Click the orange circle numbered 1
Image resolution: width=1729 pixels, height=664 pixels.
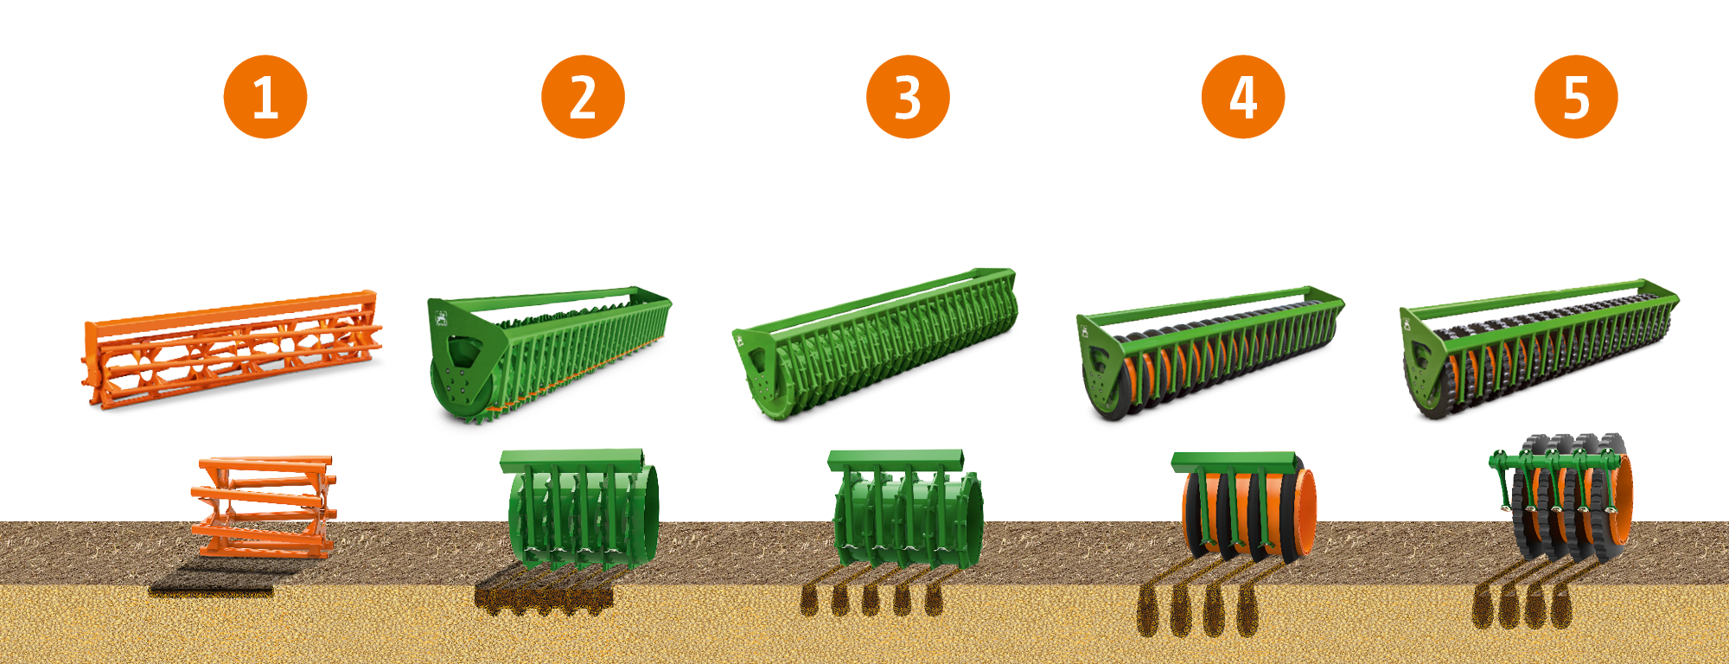pyautogui.click(x=265, y=97)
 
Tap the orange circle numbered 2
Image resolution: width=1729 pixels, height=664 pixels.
pyautogui.click(x=584, y=97)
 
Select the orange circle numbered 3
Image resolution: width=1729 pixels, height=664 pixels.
pyautogui.click(x=908, y=97)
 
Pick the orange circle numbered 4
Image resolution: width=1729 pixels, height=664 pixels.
pyautogui.click(x=1243, y=97)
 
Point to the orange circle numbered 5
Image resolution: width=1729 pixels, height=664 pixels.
pyautogui.click(x=1576, y=97)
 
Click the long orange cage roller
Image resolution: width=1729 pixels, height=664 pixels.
pyautogui.click(x=232, y=349)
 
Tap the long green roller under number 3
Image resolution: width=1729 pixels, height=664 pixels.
pyautogui.click(x=875, y=343)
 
